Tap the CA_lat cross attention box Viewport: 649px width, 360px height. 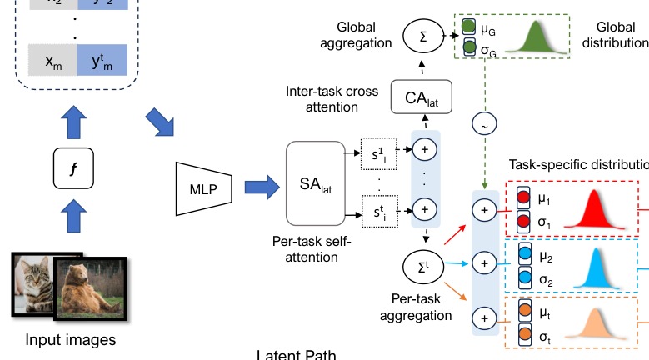421,98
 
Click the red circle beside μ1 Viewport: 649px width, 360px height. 524,200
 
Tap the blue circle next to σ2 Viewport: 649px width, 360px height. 524,276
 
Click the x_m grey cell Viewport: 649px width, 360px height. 51,60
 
